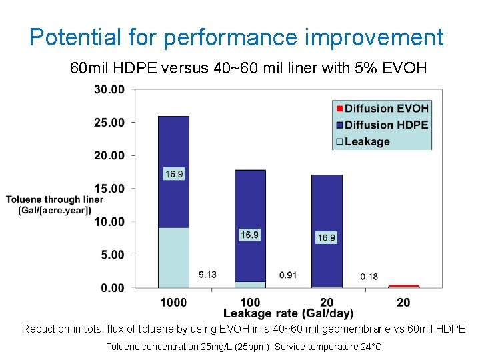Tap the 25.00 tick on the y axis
109,123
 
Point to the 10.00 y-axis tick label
109,222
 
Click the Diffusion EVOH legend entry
382,109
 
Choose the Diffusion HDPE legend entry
382,125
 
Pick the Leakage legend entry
363,141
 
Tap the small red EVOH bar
403,286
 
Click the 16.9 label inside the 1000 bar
173,174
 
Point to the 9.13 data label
207,275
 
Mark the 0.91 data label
288,275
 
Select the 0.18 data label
369,276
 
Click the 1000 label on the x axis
173,302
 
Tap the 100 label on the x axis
250,302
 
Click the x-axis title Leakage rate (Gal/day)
288,313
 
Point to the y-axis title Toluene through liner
55,199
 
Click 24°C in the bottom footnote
369,347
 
